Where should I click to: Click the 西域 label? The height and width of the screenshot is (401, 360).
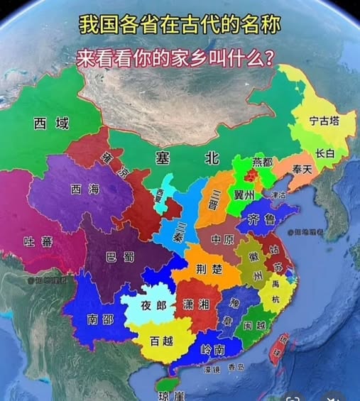(x=52, y=123)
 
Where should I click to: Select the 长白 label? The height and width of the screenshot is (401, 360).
(x=325, y=153)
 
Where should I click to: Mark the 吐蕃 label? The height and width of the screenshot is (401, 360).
(x=37, y=242)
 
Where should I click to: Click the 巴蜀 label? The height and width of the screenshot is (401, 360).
(x=120, y=256)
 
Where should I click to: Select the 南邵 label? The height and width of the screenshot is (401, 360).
(x=100, y=319)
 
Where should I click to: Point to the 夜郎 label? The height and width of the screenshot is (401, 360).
(x=154, y=305)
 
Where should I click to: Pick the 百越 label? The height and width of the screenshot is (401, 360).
(x=162, y=340)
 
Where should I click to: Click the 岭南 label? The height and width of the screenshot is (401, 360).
(x=213, y=348)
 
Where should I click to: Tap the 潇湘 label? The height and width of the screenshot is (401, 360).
(x=195, y=304)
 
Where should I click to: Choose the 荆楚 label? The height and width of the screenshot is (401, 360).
(x=207, y=269)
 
